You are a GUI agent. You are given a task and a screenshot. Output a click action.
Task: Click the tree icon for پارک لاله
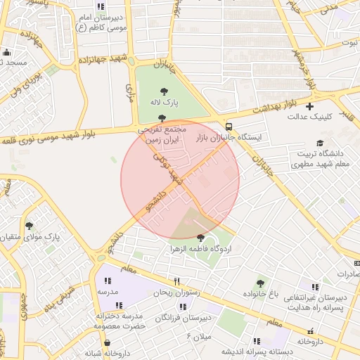(x=164, y=91)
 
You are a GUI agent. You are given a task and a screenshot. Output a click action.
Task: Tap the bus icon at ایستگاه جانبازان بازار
(x=230, y=127)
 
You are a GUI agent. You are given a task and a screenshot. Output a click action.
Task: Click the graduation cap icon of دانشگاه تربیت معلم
(x=320, y=143)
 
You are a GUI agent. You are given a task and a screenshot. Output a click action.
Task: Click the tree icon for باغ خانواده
(x=260, y=283)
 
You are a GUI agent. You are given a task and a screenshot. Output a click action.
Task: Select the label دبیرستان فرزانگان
(x=185, y=318)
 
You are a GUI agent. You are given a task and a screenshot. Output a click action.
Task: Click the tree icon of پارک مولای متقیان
(x=29, y=226)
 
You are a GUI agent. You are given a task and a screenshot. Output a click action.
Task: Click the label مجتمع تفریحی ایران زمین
(x=162, y=135)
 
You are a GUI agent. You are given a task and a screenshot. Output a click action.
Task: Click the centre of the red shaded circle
(x=180, y=180)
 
